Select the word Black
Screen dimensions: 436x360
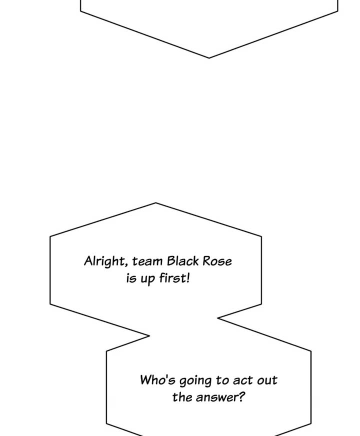182,261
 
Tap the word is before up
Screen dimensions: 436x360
131,278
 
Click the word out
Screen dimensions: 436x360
267,380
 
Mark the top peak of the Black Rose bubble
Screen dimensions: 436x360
156,203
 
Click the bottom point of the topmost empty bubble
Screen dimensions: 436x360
209,58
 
